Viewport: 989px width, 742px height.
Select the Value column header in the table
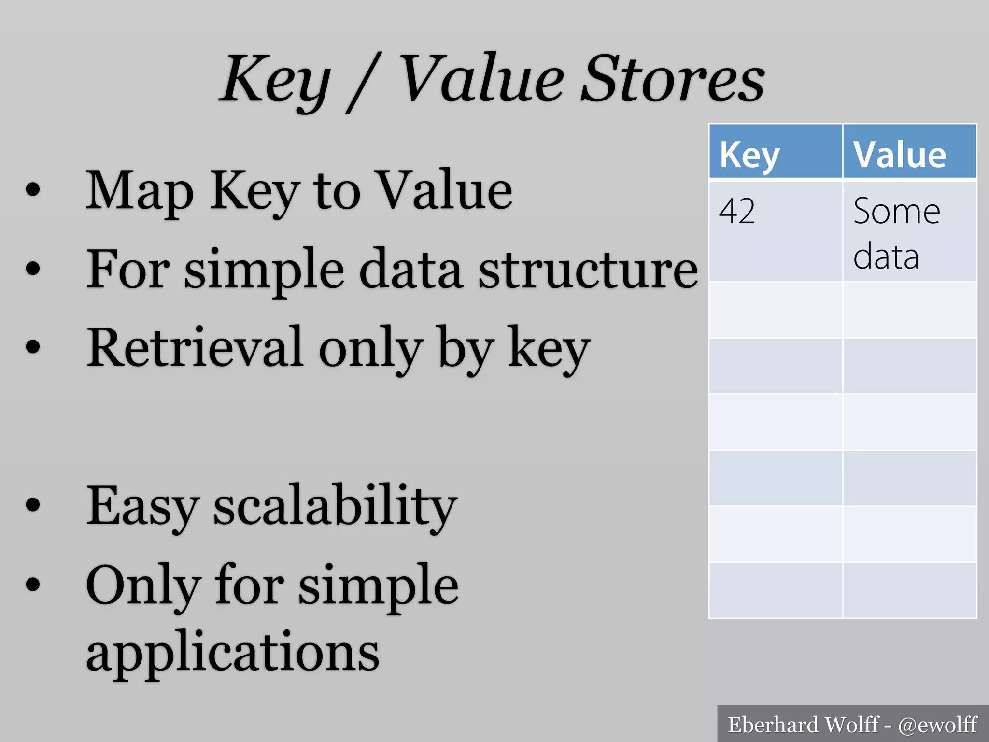pyautogui.click(x=899, y=155)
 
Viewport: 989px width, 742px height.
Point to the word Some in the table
pyautogui.click(x=896, y=212)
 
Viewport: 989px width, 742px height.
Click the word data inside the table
pyautogui.click(x=886, y=257)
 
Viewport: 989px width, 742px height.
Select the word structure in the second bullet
pyautogui.click(x=588, y=270)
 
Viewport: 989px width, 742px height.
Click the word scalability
pyautogui.click(x=335, y=506)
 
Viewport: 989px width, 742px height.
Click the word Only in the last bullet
pyautogui.click(x=143, y=586)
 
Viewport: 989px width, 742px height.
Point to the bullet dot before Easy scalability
pyautogui.click(x=32, y=505)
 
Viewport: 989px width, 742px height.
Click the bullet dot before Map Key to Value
pyautogui.click(x=32, y=190)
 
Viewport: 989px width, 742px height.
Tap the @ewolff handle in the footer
pyautogui.click(x=937, y=725)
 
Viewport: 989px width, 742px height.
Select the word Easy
pyautogui.click(x=142, y=506)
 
